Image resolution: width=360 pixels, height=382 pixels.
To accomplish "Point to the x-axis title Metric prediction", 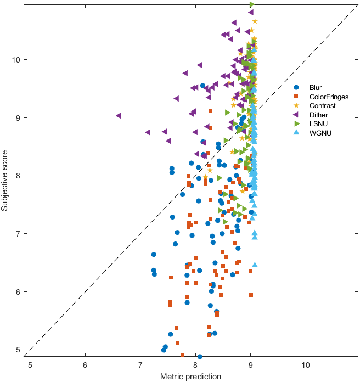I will point(190,377).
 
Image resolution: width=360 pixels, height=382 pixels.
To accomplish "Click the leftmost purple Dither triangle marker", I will point(118,116).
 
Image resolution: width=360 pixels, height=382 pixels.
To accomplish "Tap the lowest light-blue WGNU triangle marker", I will point(255,265).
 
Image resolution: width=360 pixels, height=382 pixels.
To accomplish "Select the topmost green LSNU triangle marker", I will point(252,4).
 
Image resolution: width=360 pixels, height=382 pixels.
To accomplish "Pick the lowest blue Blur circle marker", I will point(200,357).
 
